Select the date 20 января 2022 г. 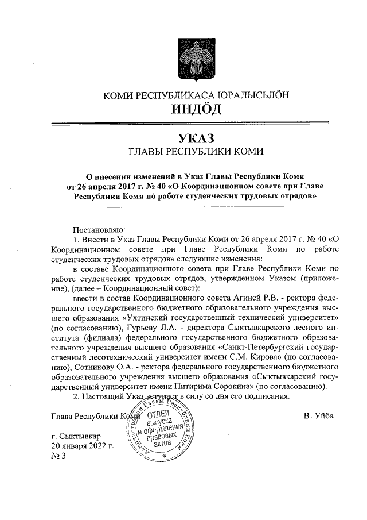pyautogui.click(x=82, y=445)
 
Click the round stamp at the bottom pyautogui.click(x=160, y=428)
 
